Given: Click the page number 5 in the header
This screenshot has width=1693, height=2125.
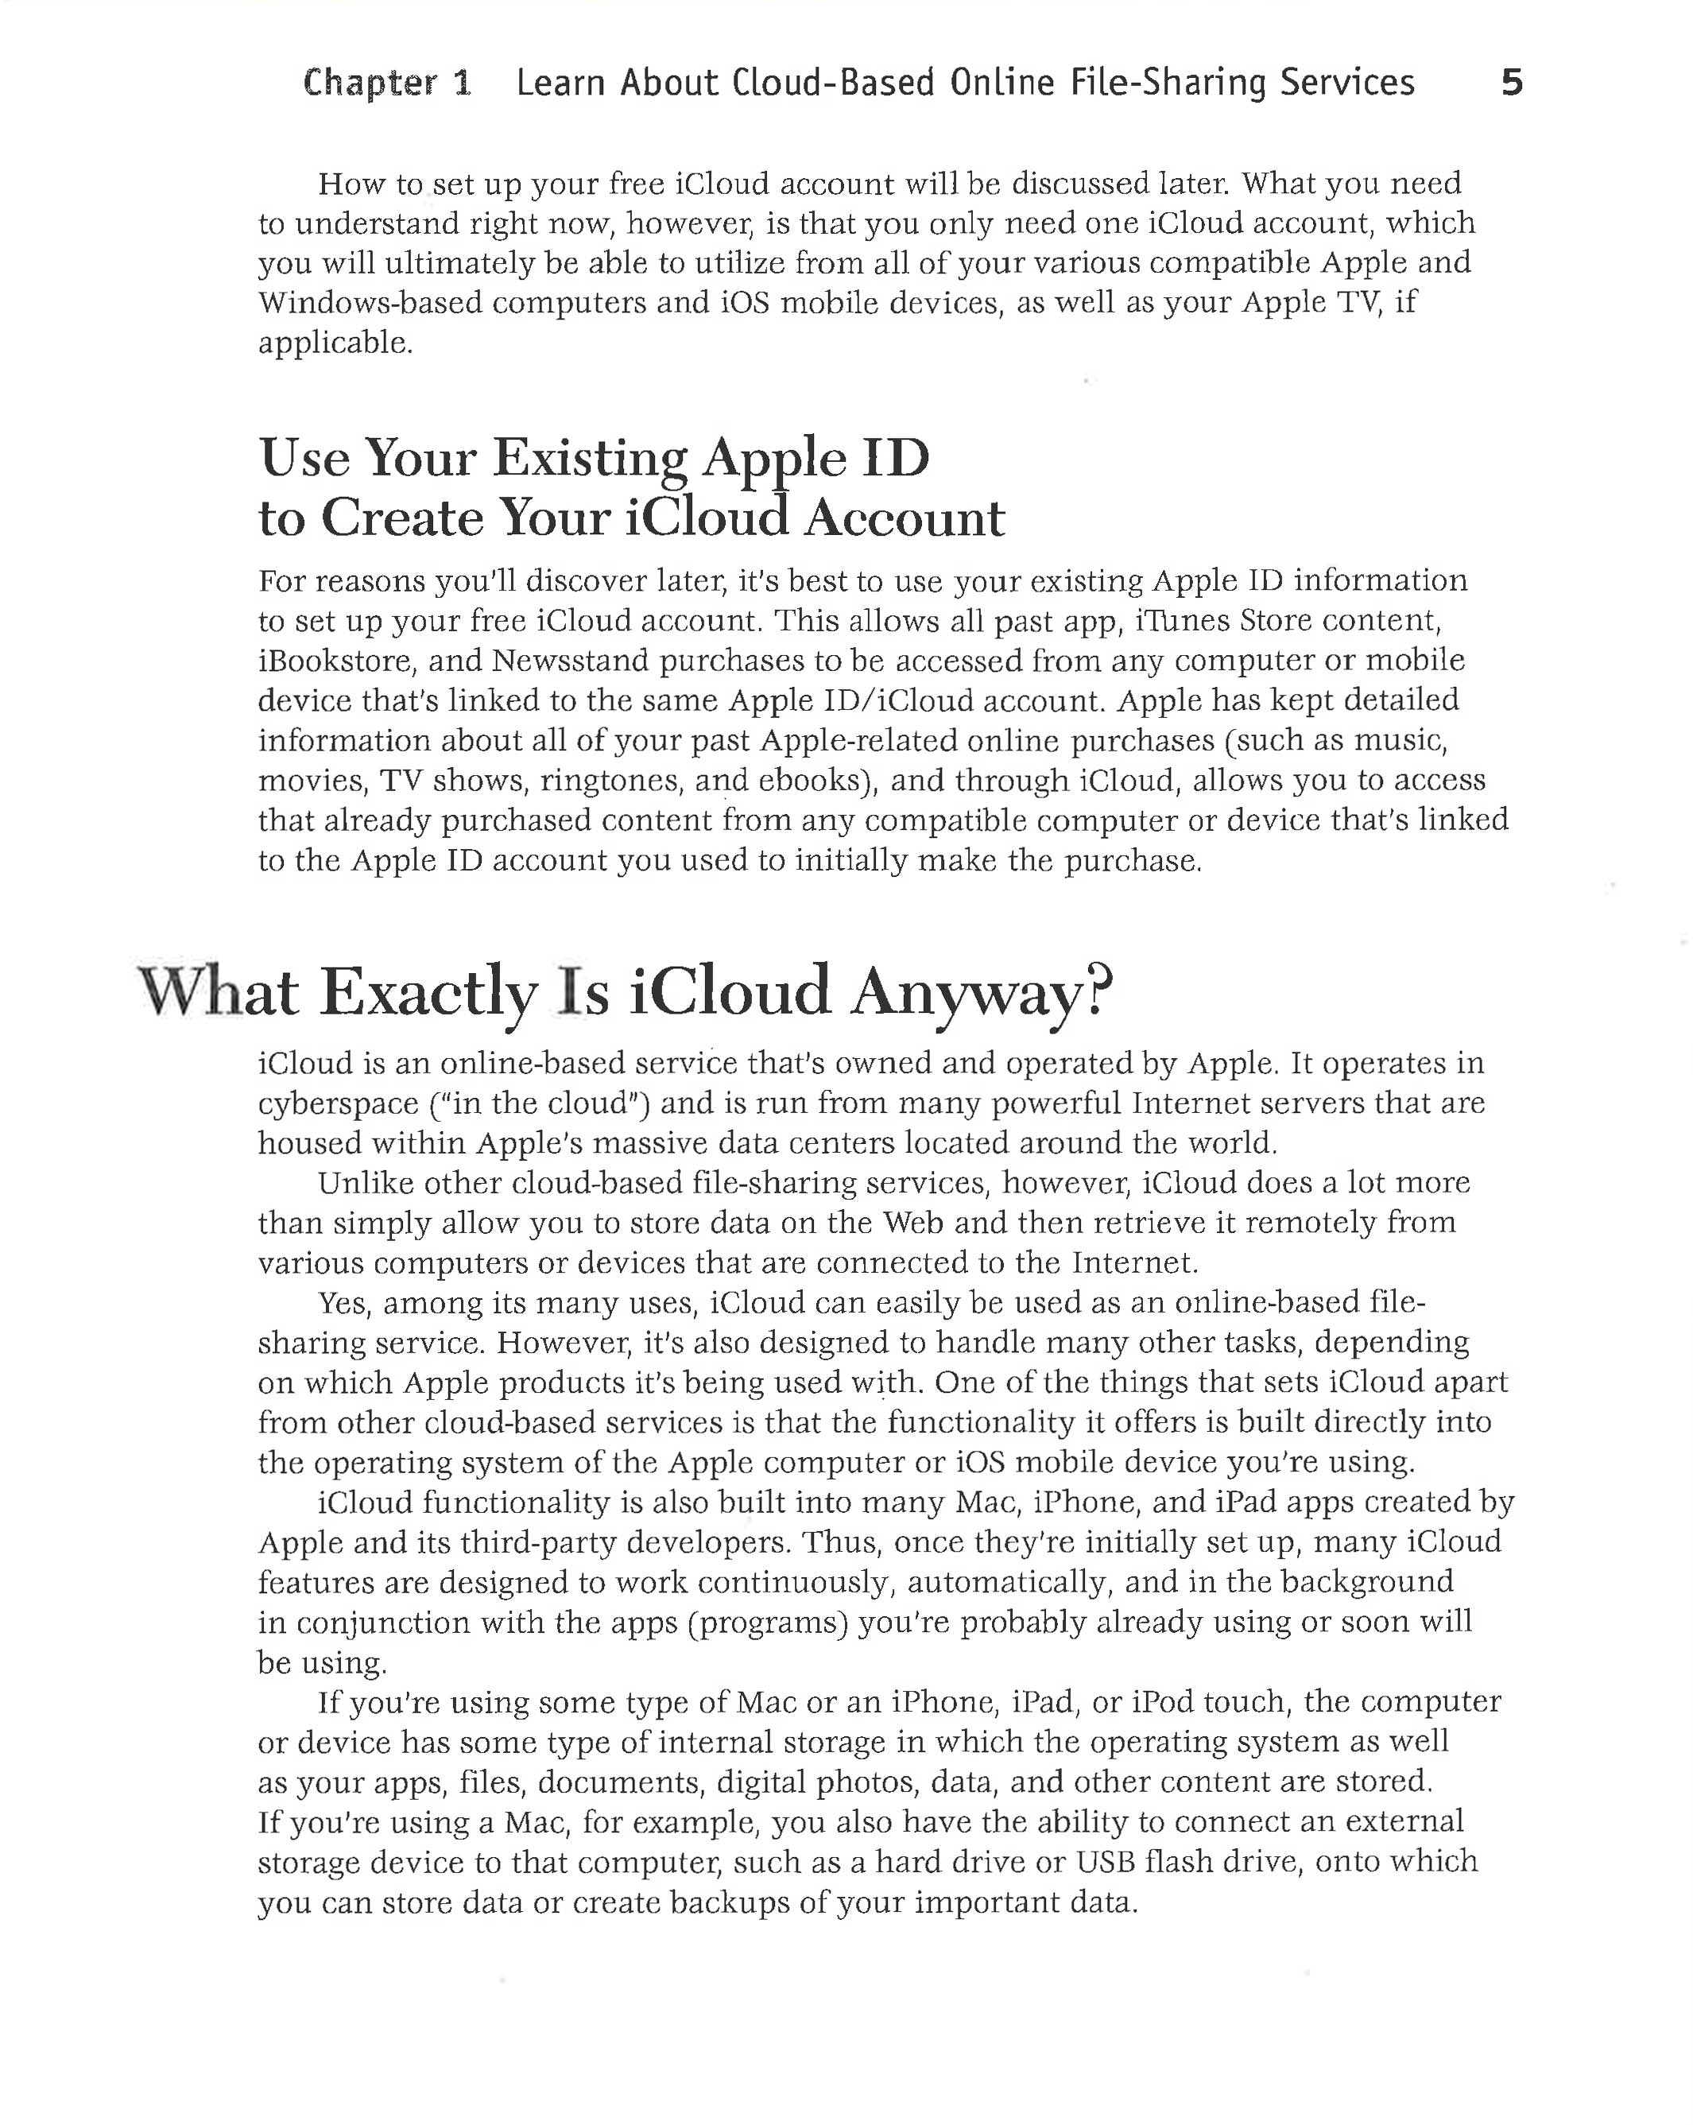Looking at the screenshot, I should click(1511, 82).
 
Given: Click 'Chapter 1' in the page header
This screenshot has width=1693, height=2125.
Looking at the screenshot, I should click(387, 83).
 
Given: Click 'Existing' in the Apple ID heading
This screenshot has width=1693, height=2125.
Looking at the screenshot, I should click(591, 459).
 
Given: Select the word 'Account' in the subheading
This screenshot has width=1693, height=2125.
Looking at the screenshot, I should click(904, 518).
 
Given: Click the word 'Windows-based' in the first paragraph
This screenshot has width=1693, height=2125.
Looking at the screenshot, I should click(370, 303).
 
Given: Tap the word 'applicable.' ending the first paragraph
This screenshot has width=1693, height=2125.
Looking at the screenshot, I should click(335, 343).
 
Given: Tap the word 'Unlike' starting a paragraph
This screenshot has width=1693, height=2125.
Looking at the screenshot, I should click(365, 1183).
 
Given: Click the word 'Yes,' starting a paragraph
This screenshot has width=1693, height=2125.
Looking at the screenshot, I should click(344, 1303).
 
